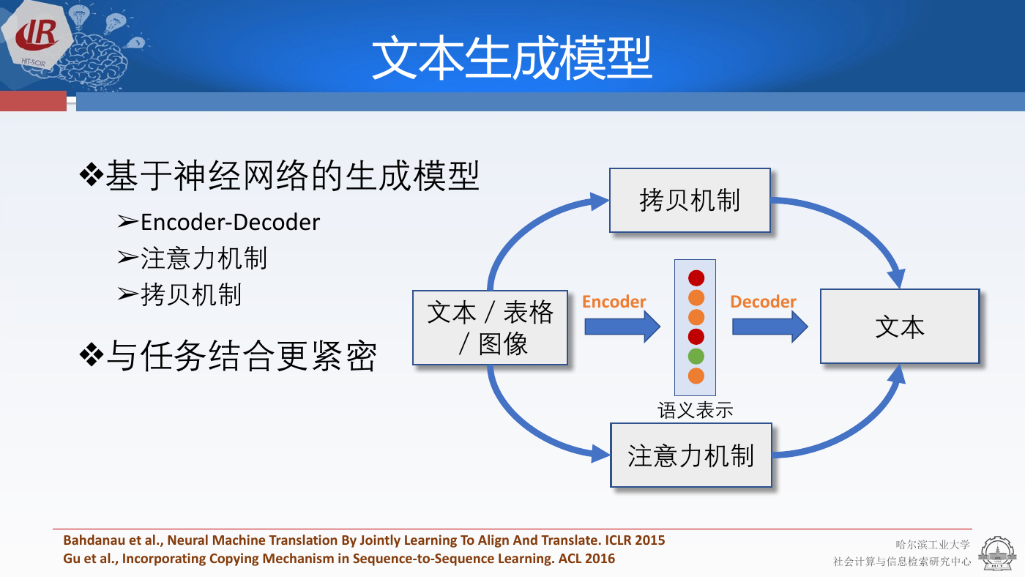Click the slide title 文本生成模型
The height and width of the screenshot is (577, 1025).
coord(512,58)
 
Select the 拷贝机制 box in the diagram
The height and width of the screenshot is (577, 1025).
coord(690,201)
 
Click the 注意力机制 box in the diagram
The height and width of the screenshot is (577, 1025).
coord(691,455)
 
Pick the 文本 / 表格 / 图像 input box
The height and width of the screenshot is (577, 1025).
coord(490,327)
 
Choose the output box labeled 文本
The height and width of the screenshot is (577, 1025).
coord(900,327)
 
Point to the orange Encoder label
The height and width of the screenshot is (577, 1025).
coord(614,302)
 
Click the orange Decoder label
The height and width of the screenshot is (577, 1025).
coord(763,302)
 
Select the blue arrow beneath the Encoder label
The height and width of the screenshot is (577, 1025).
coord(622,327)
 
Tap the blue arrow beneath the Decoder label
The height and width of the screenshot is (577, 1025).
coord(770,327)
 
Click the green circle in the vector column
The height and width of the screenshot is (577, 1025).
coord(696,356)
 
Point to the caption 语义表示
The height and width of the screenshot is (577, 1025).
coord(696,410)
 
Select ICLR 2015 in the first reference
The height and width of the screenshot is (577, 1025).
coord(635,540)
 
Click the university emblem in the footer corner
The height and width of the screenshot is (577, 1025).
coord(997,554)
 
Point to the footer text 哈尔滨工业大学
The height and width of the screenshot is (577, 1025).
coord(933,545)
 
